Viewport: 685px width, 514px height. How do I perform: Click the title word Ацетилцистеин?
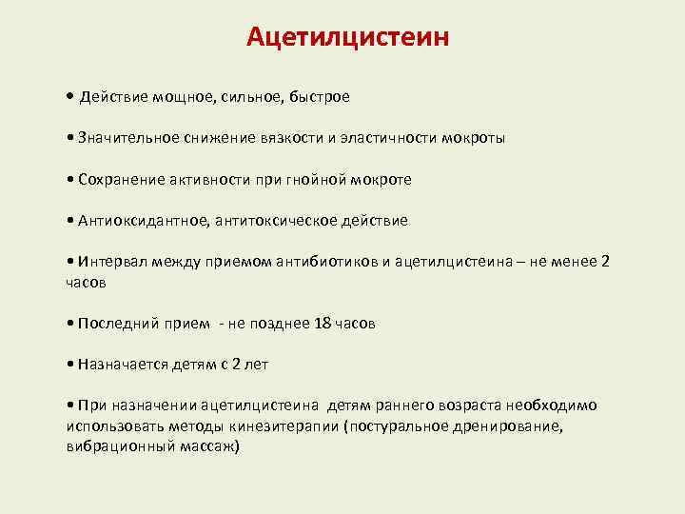coord(347,37)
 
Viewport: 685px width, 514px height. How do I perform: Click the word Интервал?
coord(111,263)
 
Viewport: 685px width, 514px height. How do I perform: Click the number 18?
coord(323,323)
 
